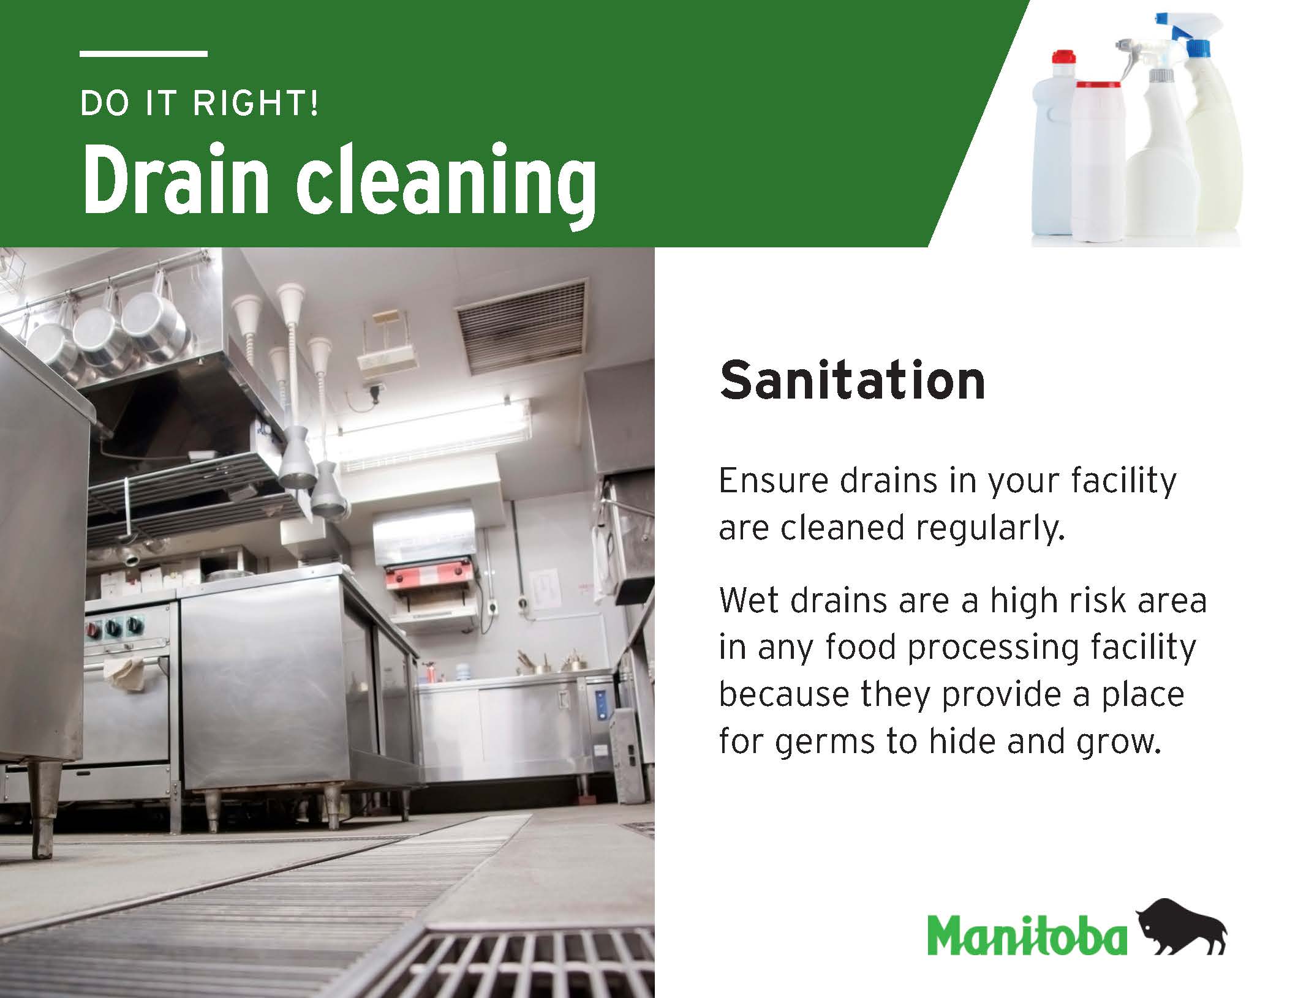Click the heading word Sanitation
pos(852,380)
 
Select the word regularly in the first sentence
pos(990,528)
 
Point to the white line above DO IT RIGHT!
pos(143,54)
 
